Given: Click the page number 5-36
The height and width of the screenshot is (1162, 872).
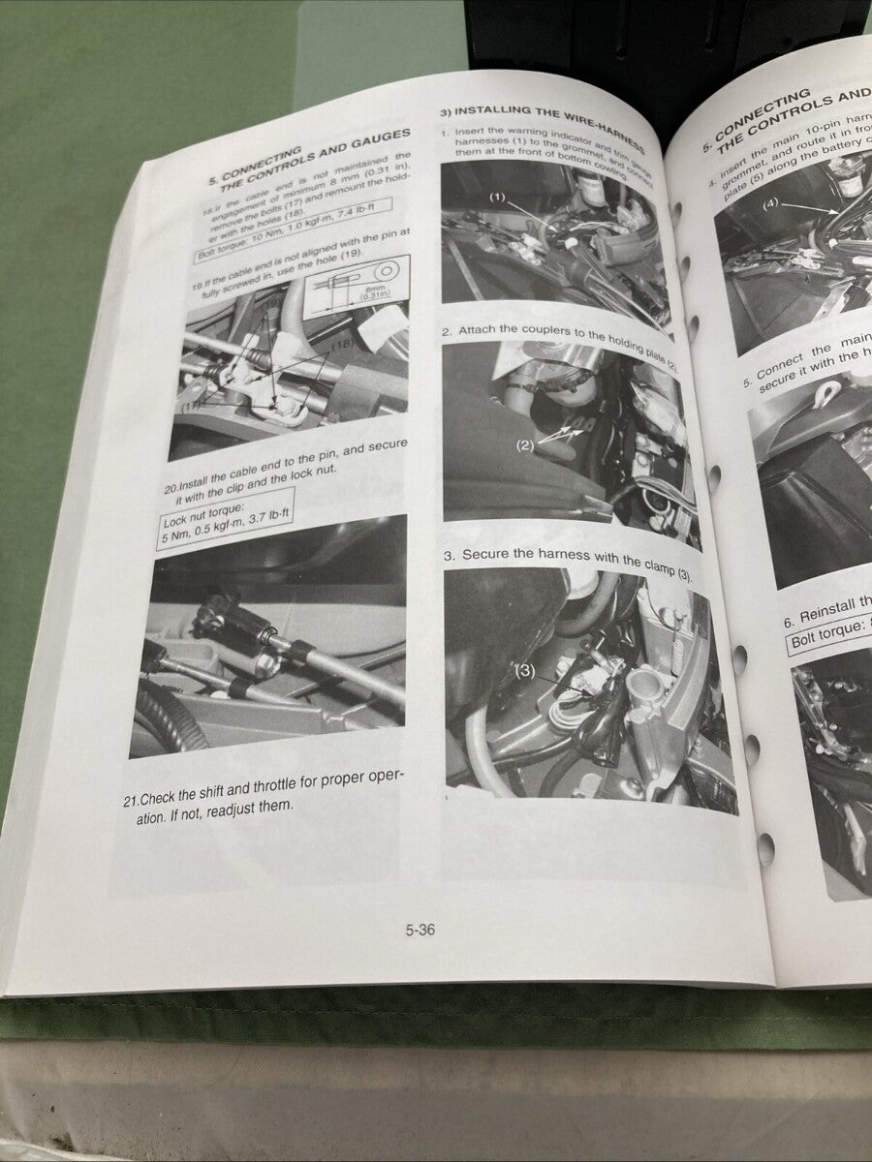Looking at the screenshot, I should (x=420, y=931).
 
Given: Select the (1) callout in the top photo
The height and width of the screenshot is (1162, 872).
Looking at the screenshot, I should (x=497, y=198).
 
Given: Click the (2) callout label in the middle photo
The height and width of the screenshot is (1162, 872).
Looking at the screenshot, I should (x=525, y=446).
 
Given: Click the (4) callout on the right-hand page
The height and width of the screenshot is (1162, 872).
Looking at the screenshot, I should (x=770, y=204).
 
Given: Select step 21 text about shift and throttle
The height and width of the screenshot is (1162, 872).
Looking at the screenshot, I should (x=262, y=790).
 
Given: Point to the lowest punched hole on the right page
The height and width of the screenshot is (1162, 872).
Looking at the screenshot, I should (x=765, y=849).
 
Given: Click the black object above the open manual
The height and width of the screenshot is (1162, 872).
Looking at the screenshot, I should (x=659, y=39).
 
